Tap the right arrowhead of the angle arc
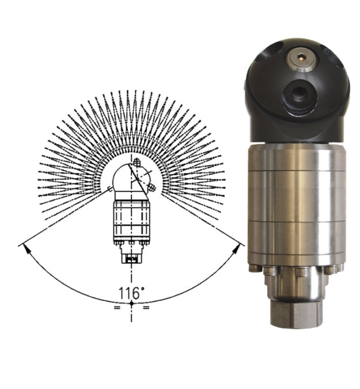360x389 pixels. [x=237, y=248]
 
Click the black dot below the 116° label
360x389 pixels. [x=132, y=303]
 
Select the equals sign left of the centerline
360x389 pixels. [x=117, y=308]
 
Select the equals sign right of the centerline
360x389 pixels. [x=146, y=308]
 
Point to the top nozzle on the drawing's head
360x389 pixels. [x=136, y=162]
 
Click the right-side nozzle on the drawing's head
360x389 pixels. [x=151, y=188]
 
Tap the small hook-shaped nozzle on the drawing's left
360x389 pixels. [x=109, y=189]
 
